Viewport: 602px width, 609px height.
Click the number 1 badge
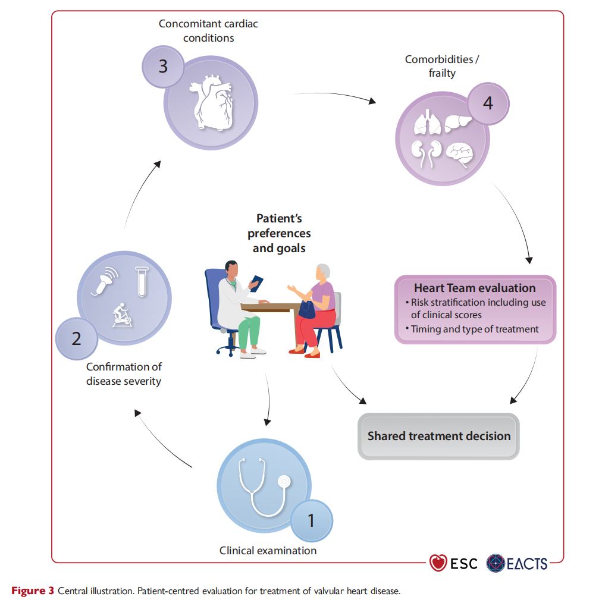tap(312, 520)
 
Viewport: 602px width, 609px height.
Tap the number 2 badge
tap(77, 338)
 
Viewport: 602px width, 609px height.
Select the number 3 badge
tap(163, 67)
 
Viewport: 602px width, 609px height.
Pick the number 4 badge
tap(488, 103)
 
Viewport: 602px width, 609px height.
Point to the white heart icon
tap(212, 102)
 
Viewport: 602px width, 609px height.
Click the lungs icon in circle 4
tap(428, 122)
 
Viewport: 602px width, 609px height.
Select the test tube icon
tap(142, 281)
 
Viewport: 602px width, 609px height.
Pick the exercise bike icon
tap(122, 315)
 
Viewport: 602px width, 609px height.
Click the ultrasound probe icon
tap(105, 281)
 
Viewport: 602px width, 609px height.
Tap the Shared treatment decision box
tap(438, 436)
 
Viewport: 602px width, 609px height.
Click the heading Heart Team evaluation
tap(475, 288)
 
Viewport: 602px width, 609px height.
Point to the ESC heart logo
tap(438, 563)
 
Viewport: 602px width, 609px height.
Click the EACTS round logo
tap(496, 563)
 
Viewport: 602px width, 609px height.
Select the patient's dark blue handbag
tap(307, 310)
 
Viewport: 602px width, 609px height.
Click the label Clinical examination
tap(268, 550)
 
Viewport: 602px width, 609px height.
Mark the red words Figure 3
tap(33, 591)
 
